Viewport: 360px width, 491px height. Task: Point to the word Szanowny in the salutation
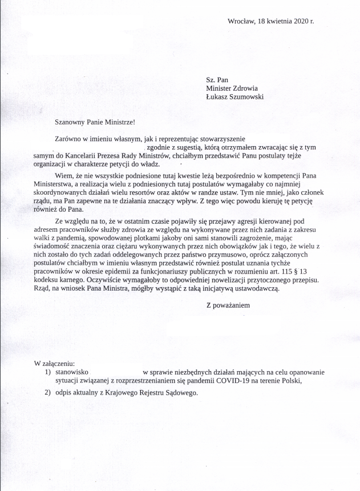pyautogui.click(x=69, y=122)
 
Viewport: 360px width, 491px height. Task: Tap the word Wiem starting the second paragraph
pyautogui.click(x=64, y=175)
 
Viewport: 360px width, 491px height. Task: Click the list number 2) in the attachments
pyautogui.click(x=48, y=393)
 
